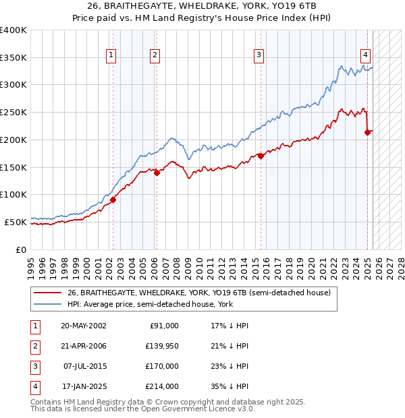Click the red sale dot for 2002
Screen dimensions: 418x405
point(113,200)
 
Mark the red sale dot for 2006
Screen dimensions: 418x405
point(157,173)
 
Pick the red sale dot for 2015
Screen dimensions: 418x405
point(261,156)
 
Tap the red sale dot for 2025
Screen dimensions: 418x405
point(368,132)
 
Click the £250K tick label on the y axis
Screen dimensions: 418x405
point(13,112)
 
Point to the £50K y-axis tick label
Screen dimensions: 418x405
point(16,222)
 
